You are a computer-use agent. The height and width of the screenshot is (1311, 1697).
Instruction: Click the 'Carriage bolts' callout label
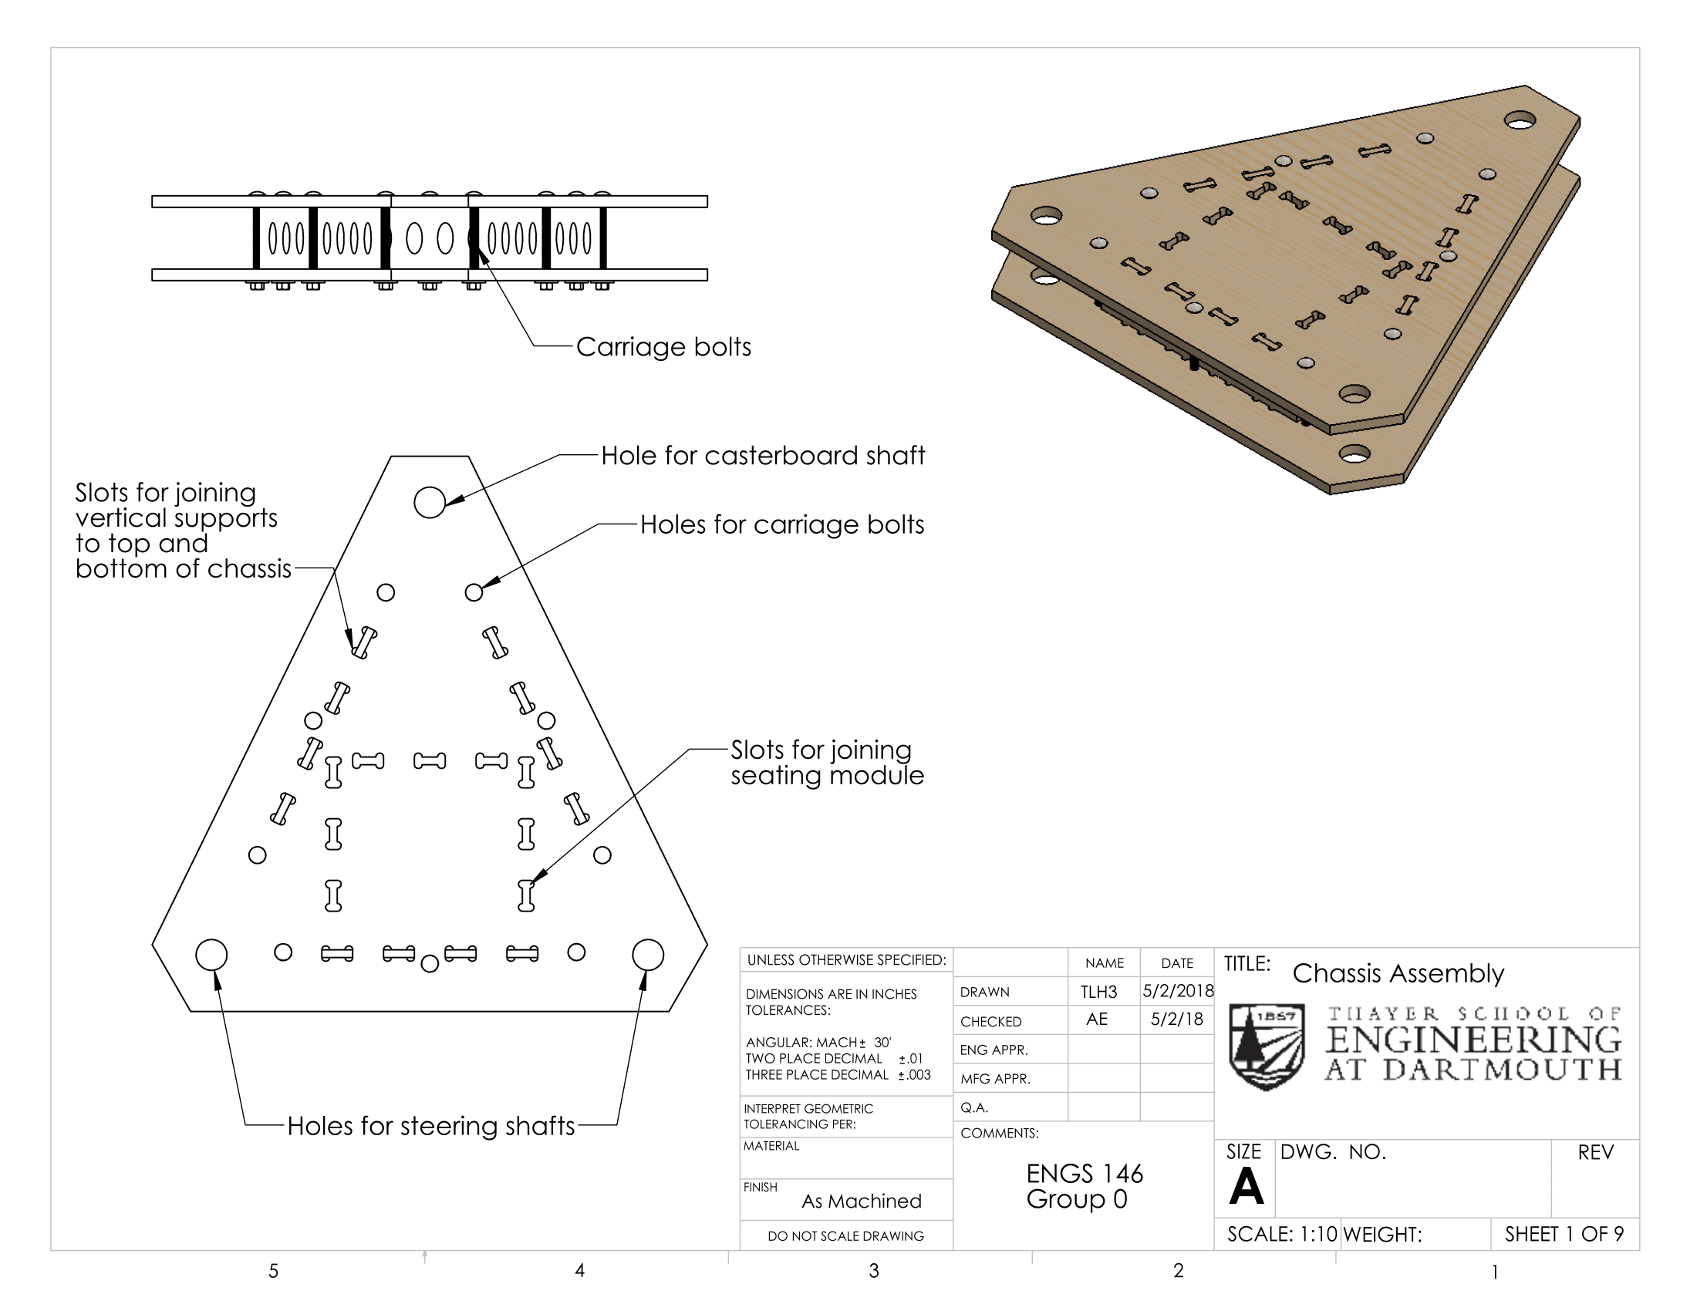[x=663, y=346]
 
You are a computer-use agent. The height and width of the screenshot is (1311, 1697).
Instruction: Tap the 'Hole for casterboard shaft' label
[x=762, y=455]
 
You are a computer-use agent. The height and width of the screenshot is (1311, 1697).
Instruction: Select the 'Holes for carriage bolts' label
[x=781, y=525]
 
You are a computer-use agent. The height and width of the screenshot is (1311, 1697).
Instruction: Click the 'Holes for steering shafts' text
[x=430, y=1125]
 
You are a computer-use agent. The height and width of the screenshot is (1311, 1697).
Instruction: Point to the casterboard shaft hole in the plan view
[x=430, y=503]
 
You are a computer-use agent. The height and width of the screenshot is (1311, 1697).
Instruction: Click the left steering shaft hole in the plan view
[x=211, y=955]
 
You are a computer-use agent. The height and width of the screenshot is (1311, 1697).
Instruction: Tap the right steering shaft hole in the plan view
[x=648, y=955]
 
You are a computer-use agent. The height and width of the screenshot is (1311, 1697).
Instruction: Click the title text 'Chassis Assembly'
[x=1398, y=973]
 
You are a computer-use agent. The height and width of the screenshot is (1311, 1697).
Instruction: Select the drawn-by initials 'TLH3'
[x=1098, y=992]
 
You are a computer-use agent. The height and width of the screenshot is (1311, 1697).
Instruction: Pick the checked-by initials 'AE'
[x=1096, y=1019]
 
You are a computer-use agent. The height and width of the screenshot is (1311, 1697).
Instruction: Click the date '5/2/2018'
[x=1177, y=990]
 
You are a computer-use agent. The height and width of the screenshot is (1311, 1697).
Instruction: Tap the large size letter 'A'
[x=1246, y=1186]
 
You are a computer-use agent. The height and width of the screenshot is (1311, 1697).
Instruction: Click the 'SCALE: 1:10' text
[x=1281, y=1234]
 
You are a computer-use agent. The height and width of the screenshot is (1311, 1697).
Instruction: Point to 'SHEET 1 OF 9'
[x=1564, y=1234]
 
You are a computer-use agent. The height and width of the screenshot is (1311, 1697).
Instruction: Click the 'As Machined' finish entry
[x=861, y=1201]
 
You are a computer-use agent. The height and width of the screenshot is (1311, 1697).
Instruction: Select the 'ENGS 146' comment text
[x=1084, y=1173]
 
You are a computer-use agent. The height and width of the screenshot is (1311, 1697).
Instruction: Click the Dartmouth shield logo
[x=1266, y=1046]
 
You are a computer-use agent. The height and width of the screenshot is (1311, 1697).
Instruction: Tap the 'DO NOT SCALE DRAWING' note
[x=845, y=1235]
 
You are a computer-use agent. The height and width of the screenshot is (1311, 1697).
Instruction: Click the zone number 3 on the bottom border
[x=874, y=1271]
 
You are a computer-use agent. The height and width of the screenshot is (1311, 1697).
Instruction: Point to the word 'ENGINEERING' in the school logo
[x=1473, y=1040]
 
